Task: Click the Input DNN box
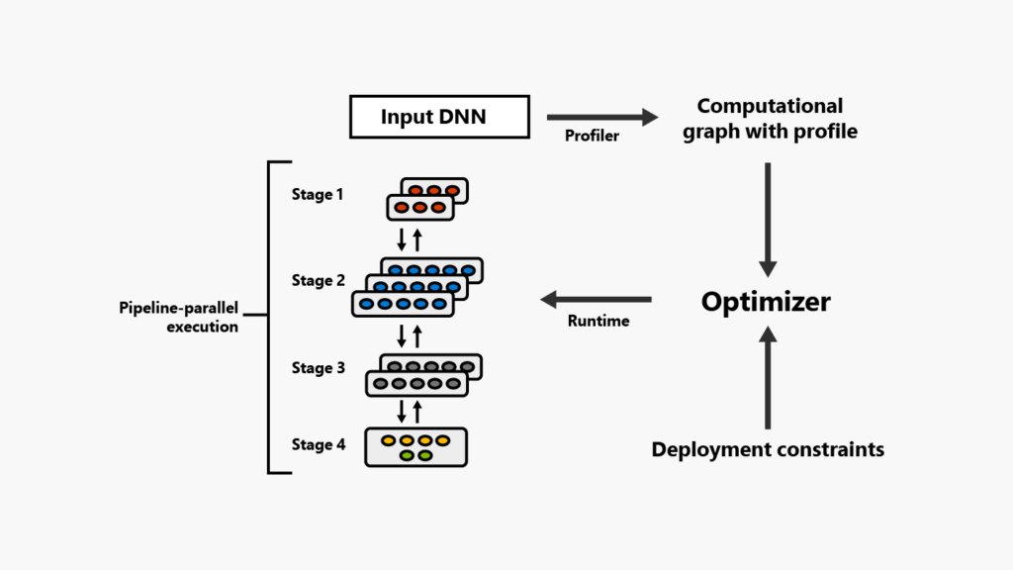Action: tap(433, 118)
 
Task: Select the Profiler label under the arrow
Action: tap(592, 137)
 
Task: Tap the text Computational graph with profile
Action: tap(769, 119)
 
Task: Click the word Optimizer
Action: tap(766, 302)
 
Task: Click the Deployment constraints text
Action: tap(768, 450)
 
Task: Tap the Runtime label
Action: tap(599, 321)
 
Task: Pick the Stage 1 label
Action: tap(318, 195)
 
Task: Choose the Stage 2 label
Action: tap(318, 281)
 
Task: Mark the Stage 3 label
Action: tap(318, 368)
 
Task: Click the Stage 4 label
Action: tap(318, 445)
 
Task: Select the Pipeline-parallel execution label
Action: tap(178, 318)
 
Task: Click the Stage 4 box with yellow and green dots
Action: tap(415, 446)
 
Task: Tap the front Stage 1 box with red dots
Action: tap(419, 208)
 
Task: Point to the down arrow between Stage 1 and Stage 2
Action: tap(402, 239)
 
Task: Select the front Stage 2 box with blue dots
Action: tap(403, 304)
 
